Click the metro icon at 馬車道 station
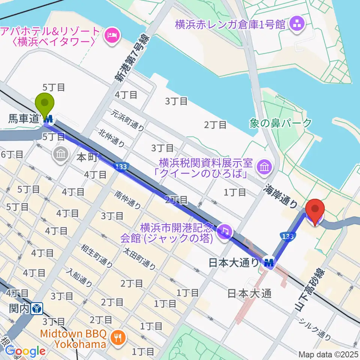pyautogui.click(x=49, y=120)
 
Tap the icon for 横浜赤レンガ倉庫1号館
pyautogui.click(x=300, y=25)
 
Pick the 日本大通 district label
pyautogui.click(x=249, y=294)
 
